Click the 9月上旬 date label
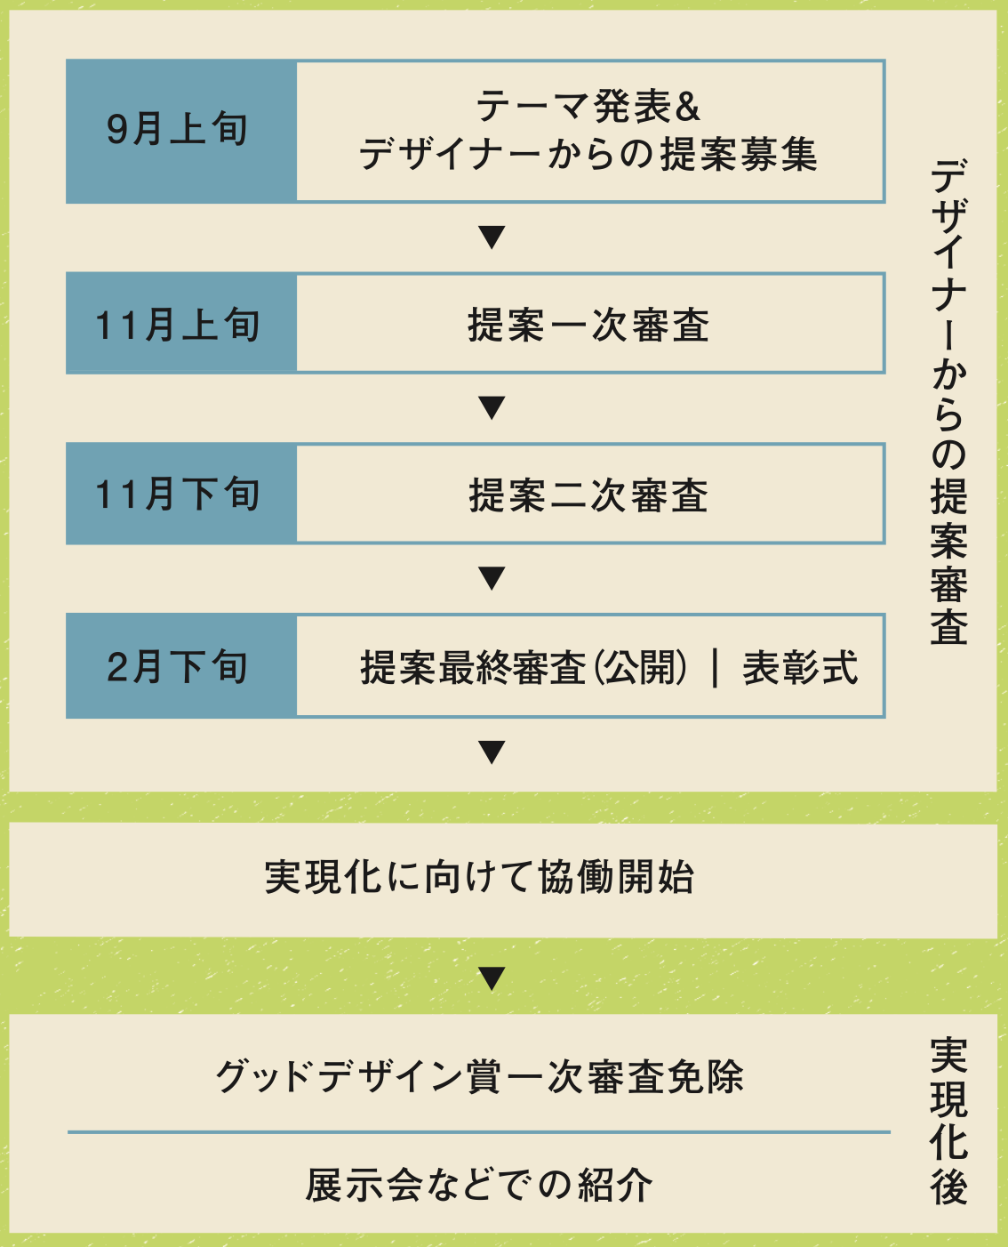pyautogui.click(x=178, y=130)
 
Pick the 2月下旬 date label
pyautogui.click(x=178, y=666)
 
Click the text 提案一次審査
pyautogui.click(x=588, y=325)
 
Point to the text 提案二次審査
pyautogui.click(x=588, y=495)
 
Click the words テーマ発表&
pyautogui.click(x=588, y=107)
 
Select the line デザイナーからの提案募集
pyautogui.click(x=588, y=155)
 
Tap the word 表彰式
pyautogui.click(x=800, y=668)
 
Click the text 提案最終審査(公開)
pyautogui.click(x=524, y=668)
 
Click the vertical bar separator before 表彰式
pyautogui.click(x=716, y=668)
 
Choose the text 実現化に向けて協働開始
pyautogui.click(x=479, y=877)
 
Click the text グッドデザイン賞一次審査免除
pyautogui.click(x=479, y=1076)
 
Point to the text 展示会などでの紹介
pyautogui.click(x=479, y=1185)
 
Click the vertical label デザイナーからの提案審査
pyautogui.click(x=948, y=400)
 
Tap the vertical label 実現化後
pyautogui.click(x=948, y=1121)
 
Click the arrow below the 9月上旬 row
pyautogui.click(x=492, y=237)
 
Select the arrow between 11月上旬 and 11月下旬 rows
pyautogui.click(x=492, y=407)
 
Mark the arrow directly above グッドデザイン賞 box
pyautogui.click(x=492, y=977)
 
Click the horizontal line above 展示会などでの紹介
pyautogui.click(x=479, y=1132)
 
